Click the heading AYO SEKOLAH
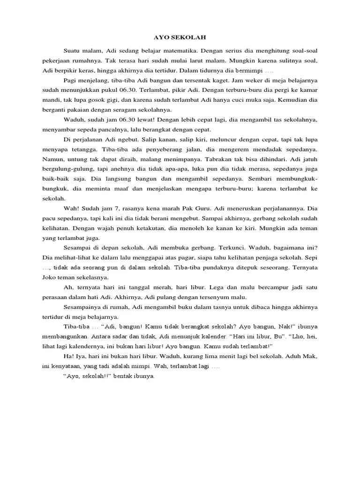click(180, 37)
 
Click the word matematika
click(171, 50)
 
